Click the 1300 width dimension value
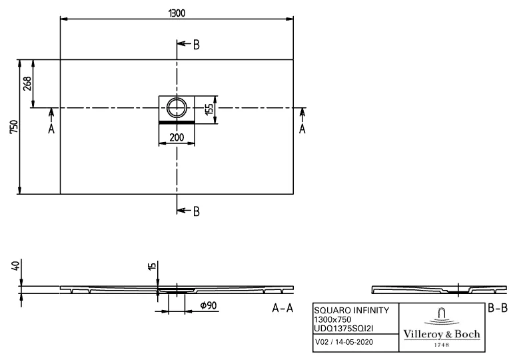[x=177, y=13]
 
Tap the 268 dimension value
[x=27, y=83]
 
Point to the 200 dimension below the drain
[x=177, y=137]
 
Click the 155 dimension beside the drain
[x=209, y=109]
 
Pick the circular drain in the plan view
[x=177, y=107]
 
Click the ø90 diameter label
[x=207, y=306]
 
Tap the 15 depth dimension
[x=153, y=267]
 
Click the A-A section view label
[x=282, y=309]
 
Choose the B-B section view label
[x=497, y=308]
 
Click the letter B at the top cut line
[x=197, y=45]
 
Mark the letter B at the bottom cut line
[x=197, y=211]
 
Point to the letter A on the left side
[x=51, y=129]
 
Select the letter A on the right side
[x=302, y=129]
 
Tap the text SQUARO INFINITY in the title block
[x=351, y=311]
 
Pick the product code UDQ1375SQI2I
[x=348, y=327]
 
